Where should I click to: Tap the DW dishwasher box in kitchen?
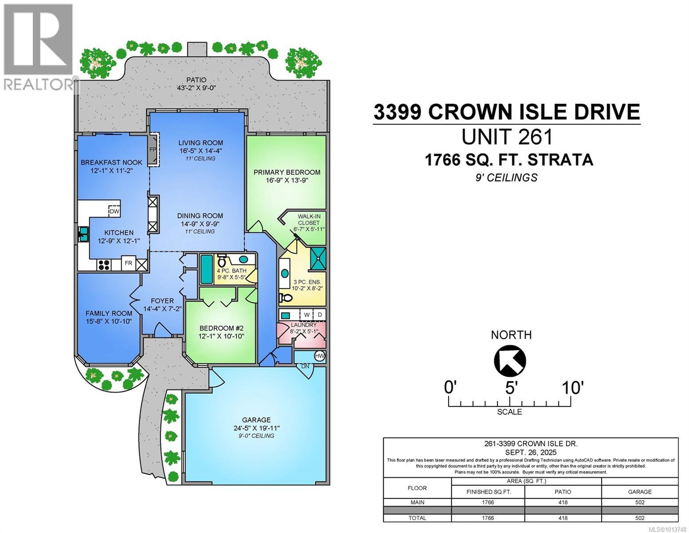[114, 212]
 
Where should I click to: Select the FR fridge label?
[128, 263]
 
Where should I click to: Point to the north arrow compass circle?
[510, 360]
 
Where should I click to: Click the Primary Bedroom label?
[287, 172]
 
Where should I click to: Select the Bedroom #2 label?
[221, 328]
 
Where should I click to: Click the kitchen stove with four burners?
[104, 265]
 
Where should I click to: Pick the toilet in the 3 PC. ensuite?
[286, 298]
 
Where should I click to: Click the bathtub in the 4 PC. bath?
[206, 269]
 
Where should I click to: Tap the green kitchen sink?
[83, 234]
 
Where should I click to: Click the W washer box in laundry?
[306, 315]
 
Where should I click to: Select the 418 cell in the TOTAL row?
[563, 518]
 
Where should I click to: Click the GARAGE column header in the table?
[639, 492]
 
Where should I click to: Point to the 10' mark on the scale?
[571, 388]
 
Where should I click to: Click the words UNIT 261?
[507, 137]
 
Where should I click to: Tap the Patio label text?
[197, 80]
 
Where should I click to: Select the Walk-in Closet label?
[309, 219]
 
